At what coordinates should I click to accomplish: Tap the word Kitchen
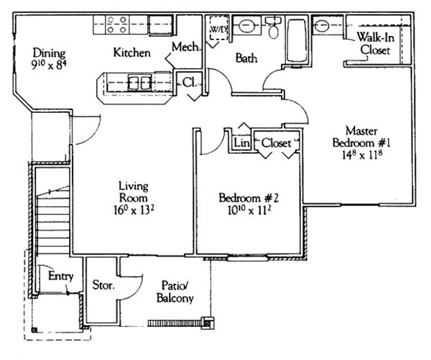(x=132, y=52)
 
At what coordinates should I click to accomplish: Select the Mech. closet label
(x=185, y=48)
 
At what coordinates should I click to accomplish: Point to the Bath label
(x=248, y=58)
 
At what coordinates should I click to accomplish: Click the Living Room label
(x=134, y=192)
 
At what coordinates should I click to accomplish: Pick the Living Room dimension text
(x=134, y=211)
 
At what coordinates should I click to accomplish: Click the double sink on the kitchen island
(x=139, y=82)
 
